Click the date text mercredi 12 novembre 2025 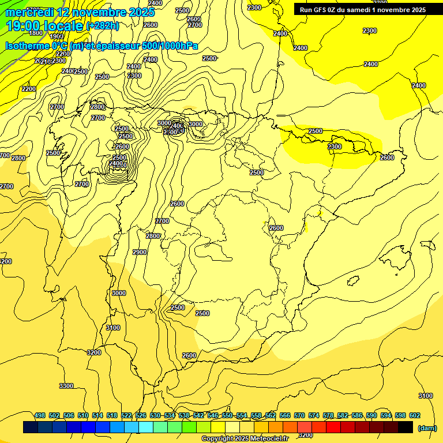(x=80, y=12)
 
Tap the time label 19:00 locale (x=44, y=26)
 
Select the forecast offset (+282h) (x=103, y=26)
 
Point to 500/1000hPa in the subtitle (x=170, y=46)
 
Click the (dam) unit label (x=427, y=427)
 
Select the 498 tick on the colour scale (x=40, y=415)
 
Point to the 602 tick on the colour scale (x=415, y=415)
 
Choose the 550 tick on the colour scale (x=227, y=415)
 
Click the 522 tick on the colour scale (x=126, y=415)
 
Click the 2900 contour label (x=140, y=252)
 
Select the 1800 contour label (x=36, y=33)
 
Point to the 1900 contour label (x=57, y=37)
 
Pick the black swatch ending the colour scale (x=406, y=427)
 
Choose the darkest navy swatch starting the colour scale (x=31, y=427)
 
